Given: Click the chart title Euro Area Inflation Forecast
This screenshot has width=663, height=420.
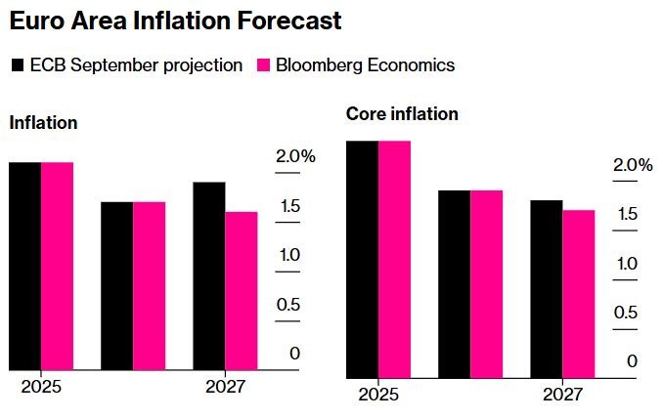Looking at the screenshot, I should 176,20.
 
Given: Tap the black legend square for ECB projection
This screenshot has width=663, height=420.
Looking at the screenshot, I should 18,66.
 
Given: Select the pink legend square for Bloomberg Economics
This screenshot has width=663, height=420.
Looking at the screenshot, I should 263,66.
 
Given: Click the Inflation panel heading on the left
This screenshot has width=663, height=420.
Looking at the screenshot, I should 43,123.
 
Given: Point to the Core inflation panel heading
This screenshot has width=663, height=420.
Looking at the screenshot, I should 402,114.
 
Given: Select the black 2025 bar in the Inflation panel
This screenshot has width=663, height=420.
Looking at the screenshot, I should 24,266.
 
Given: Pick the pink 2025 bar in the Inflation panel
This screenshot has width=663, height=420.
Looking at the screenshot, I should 57,266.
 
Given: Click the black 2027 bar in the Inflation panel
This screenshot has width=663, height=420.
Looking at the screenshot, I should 209,275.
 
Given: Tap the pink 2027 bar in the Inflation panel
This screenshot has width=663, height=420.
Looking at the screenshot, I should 242,290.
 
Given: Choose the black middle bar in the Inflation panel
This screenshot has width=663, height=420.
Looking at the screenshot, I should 117,285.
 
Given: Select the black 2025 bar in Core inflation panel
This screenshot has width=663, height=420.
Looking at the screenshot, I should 362,259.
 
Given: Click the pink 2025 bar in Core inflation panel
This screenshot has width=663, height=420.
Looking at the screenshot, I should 394,259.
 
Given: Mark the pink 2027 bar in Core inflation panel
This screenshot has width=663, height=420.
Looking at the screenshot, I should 578,293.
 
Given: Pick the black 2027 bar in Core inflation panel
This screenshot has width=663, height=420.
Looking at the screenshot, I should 546,288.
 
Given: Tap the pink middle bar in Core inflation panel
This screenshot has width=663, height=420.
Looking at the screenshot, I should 486,283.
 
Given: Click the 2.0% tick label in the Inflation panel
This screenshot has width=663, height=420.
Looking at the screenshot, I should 295,157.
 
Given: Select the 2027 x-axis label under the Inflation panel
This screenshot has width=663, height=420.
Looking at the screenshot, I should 226,387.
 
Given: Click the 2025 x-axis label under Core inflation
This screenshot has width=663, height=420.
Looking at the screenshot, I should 378,395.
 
